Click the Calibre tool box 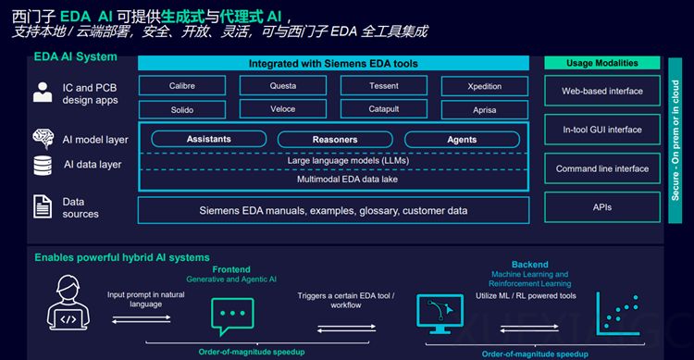182,86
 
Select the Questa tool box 283,86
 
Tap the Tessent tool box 383,86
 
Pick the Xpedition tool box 484,86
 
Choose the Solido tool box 182,109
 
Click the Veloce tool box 283,109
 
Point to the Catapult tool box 383,109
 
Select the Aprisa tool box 484,109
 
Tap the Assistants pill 208,139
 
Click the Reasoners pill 335,140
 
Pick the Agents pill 461,140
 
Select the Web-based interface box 602,91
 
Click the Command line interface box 602,168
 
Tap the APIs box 602,207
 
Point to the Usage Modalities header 602,63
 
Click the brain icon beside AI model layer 43,139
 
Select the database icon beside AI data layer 43,165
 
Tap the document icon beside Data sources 43,205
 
